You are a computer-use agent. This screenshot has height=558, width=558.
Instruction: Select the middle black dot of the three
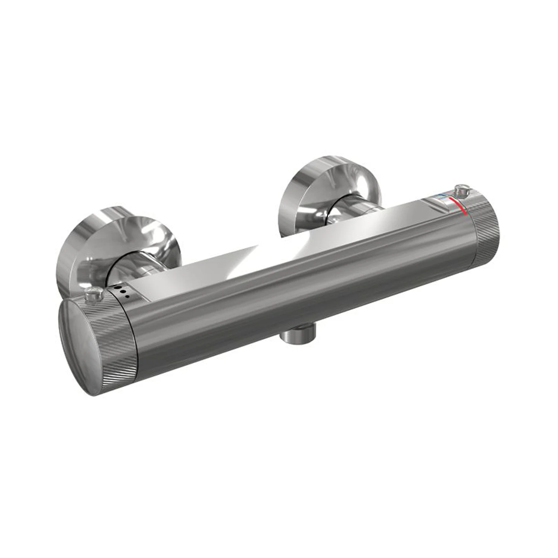(122, 293)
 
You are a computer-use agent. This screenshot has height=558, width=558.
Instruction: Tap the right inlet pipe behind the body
(357, 208)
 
